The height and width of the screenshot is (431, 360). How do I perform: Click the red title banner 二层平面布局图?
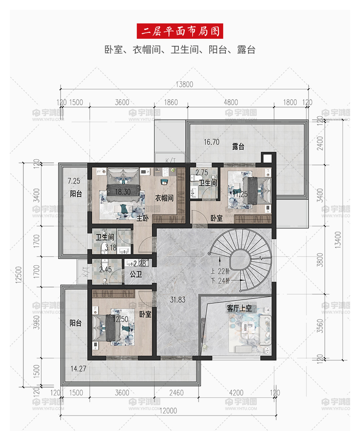point(180,31)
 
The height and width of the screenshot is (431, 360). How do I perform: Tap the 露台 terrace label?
point(238,147)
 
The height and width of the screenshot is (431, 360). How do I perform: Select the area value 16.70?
point(212,142)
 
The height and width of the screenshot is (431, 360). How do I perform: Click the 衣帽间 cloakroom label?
point(164,198)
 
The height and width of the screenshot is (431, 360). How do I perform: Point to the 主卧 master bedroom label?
point(142,218)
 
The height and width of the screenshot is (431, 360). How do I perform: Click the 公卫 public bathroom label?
point(136,274)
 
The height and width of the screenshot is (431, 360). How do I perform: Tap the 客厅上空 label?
point(239,308)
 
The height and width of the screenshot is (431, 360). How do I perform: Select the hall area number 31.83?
point(178,300)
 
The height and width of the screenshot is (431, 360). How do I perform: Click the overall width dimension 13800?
point(184,84)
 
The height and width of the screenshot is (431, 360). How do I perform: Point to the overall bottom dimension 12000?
point(168,411)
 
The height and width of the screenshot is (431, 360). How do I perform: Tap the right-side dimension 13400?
point(338,240)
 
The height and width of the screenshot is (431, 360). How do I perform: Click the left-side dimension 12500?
point(19,274)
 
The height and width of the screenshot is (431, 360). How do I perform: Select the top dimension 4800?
point(231,102)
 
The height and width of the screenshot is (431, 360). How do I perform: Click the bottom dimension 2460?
point(176,393)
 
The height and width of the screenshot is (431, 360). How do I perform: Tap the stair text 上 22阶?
point(220,271)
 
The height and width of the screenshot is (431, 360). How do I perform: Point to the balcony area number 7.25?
point(74,181)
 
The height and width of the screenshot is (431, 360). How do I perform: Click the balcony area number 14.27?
point(78,369)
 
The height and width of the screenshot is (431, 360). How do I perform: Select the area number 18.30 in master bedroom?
point(123,192)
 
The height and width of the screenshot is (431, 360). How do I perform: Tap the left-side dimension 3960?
point(36,322)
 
